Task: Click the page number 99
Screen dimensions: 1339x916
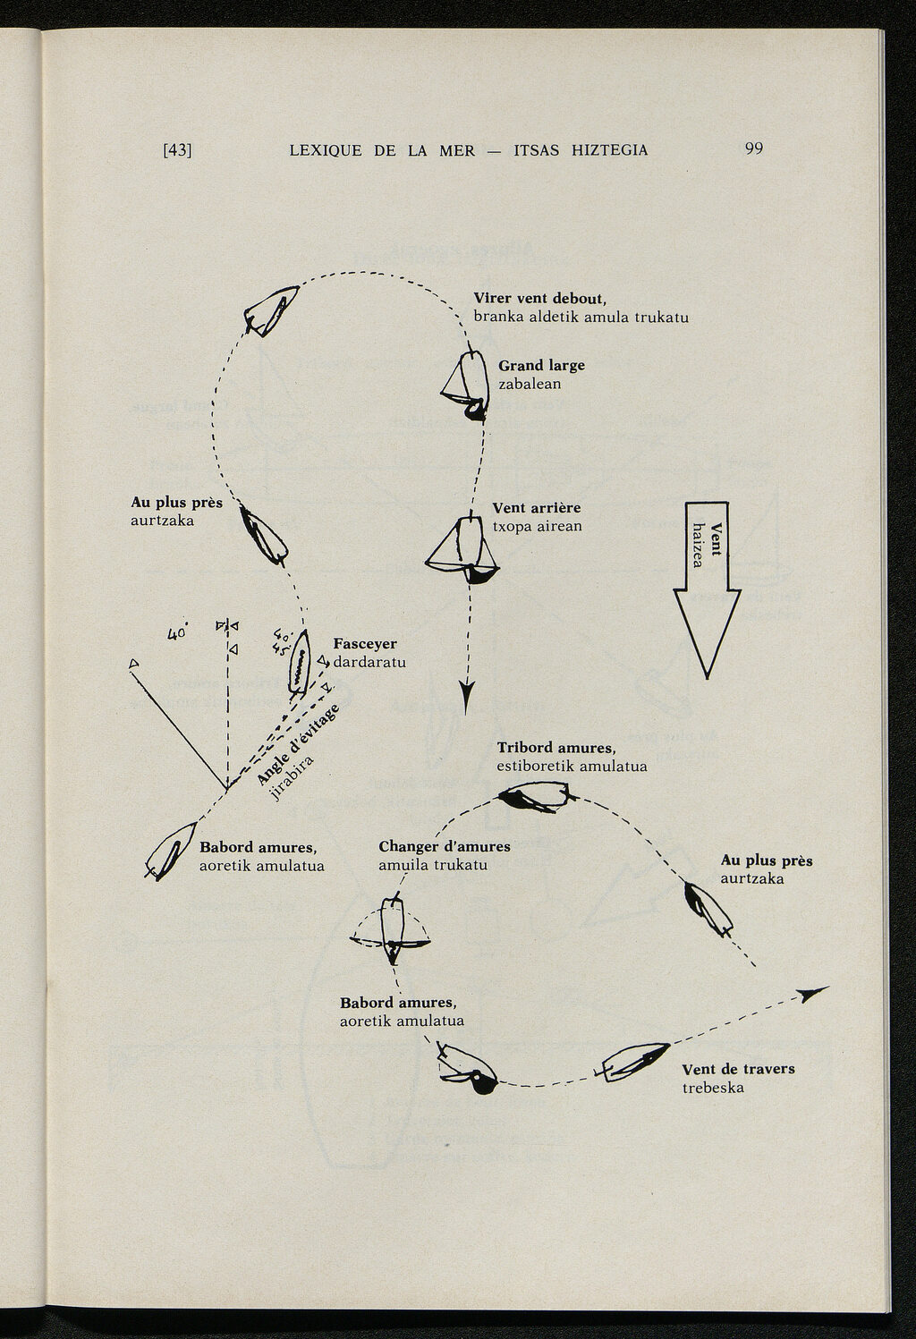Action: (753, 148)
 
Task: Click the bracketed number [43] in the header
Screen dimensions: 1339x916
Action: (177, 150)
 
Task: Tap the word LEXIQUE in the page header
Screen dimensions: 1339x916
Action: (326, 150)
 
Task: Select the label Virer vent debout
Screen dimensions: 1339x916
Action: (540, 299)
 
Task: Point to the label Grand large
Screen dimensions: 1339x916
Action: (541, 365)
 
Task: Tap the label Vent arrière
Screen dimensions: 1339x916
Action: (537, 508)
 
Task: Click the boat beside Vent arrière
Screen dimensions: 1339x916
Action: (463, 550)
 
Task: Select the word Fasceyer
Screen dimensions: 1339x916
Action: (365, 644)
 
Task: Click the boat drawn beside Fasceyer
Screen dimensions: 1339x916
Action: (300, 663)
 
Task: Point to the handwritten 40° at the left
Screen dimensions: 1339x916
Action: (177, 633)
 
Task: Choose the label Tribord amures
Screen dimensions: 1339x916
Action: (556, 748)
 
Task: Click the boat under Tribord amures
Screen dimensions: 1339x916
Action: (534, 796)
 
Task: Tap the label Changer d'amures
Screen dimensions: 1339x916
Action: (445, 846)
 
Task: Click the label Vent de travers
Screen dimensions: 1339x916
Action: (738, 1069)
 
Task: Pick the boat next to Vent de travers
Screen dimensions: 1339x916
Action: (636, 1062)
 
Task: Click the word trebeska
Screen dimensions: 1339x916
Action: (713, 1088)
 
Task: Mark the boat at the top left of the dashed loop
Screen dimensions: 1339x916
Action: (271, 309)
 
